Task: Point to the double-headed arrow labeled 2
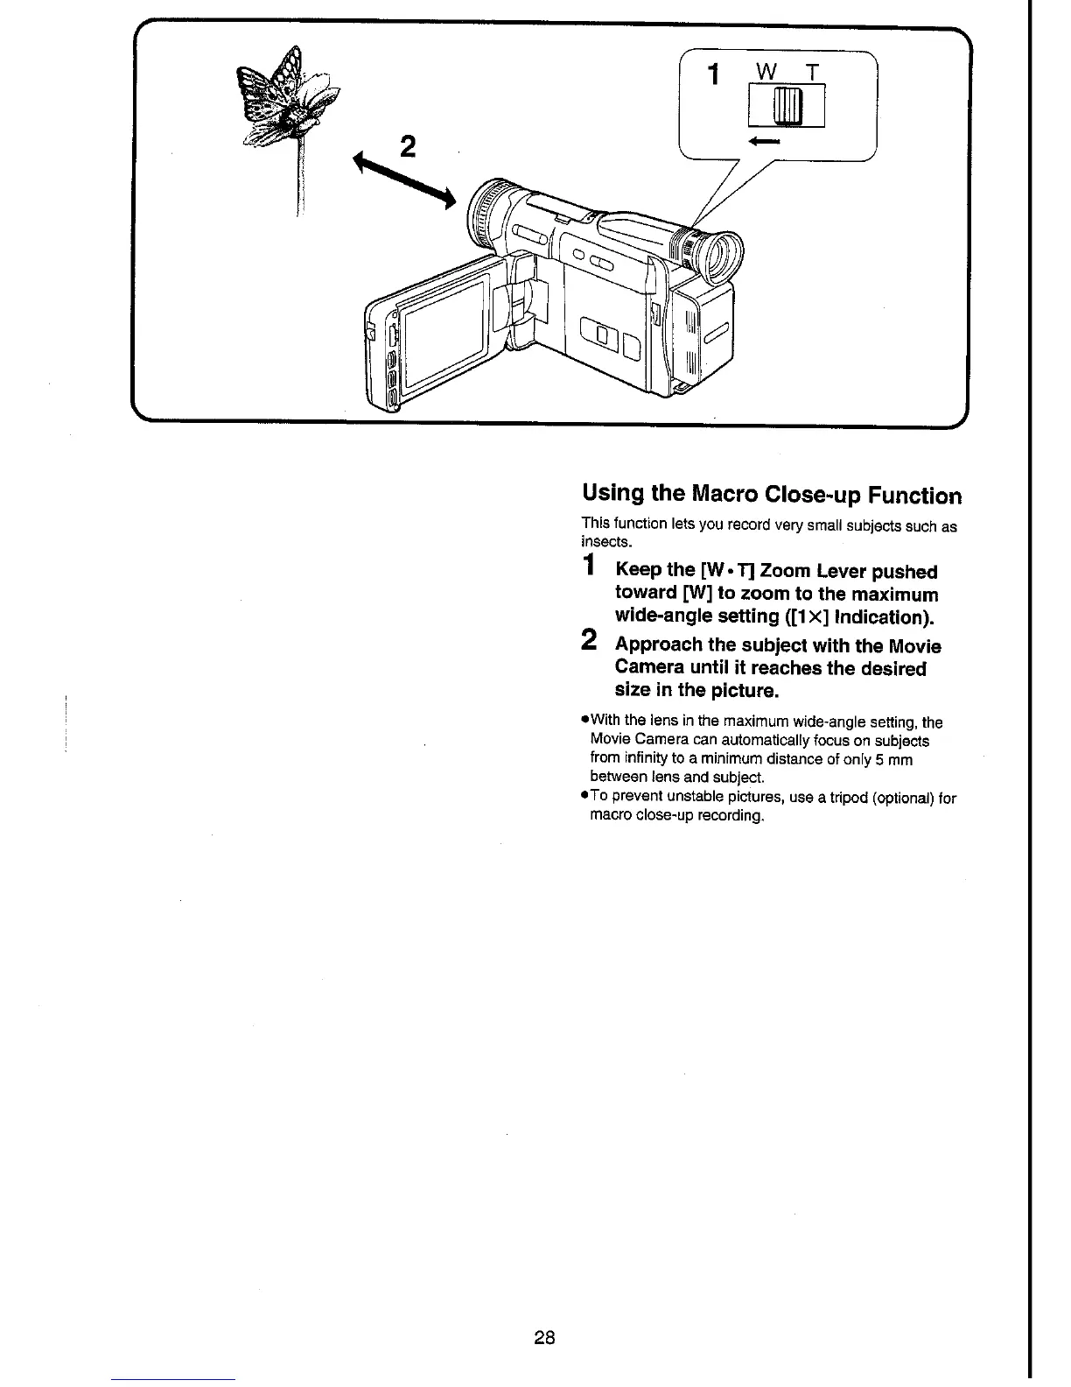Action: coord(403,181)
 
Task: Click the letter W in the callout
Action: coord(766,74)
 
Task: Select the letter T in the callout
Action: coord(813,74)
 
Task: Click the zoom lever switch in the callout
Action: coord(787,107)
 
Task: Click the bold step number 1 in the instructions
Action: coord(591,566)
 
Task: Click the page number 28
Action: coord(544,1337)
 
